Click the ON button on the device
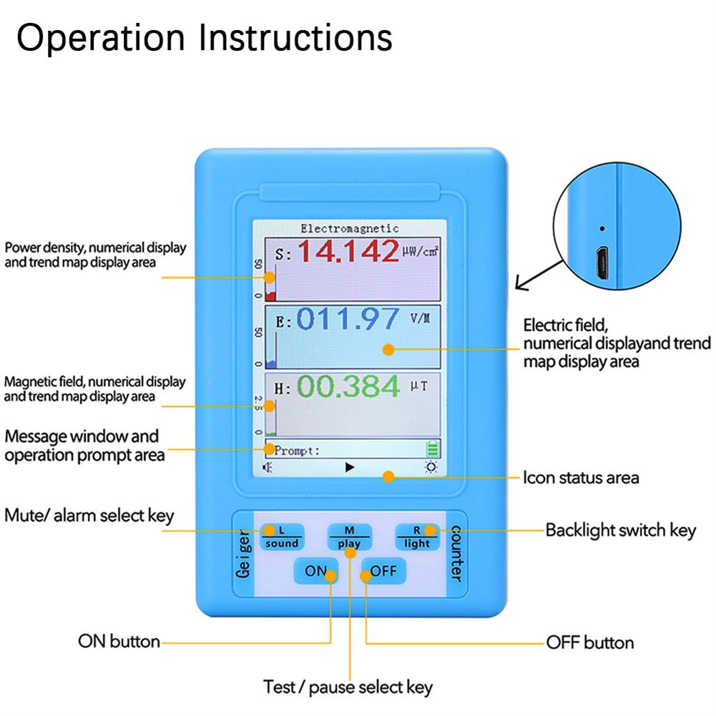315,571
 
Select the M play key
350,536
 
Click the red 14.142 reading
349,252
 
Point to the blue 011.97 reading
347,319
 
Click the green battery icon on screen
432,450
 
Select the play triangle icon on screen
350,468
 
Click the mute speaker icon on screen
268,468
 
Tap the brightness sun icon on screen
431,468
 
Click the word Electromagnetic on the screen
349,229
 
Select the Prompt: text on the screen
297,451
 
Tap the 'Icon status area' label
580,477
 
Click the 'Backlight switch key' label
620,531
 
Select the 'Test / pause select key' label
348,688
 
